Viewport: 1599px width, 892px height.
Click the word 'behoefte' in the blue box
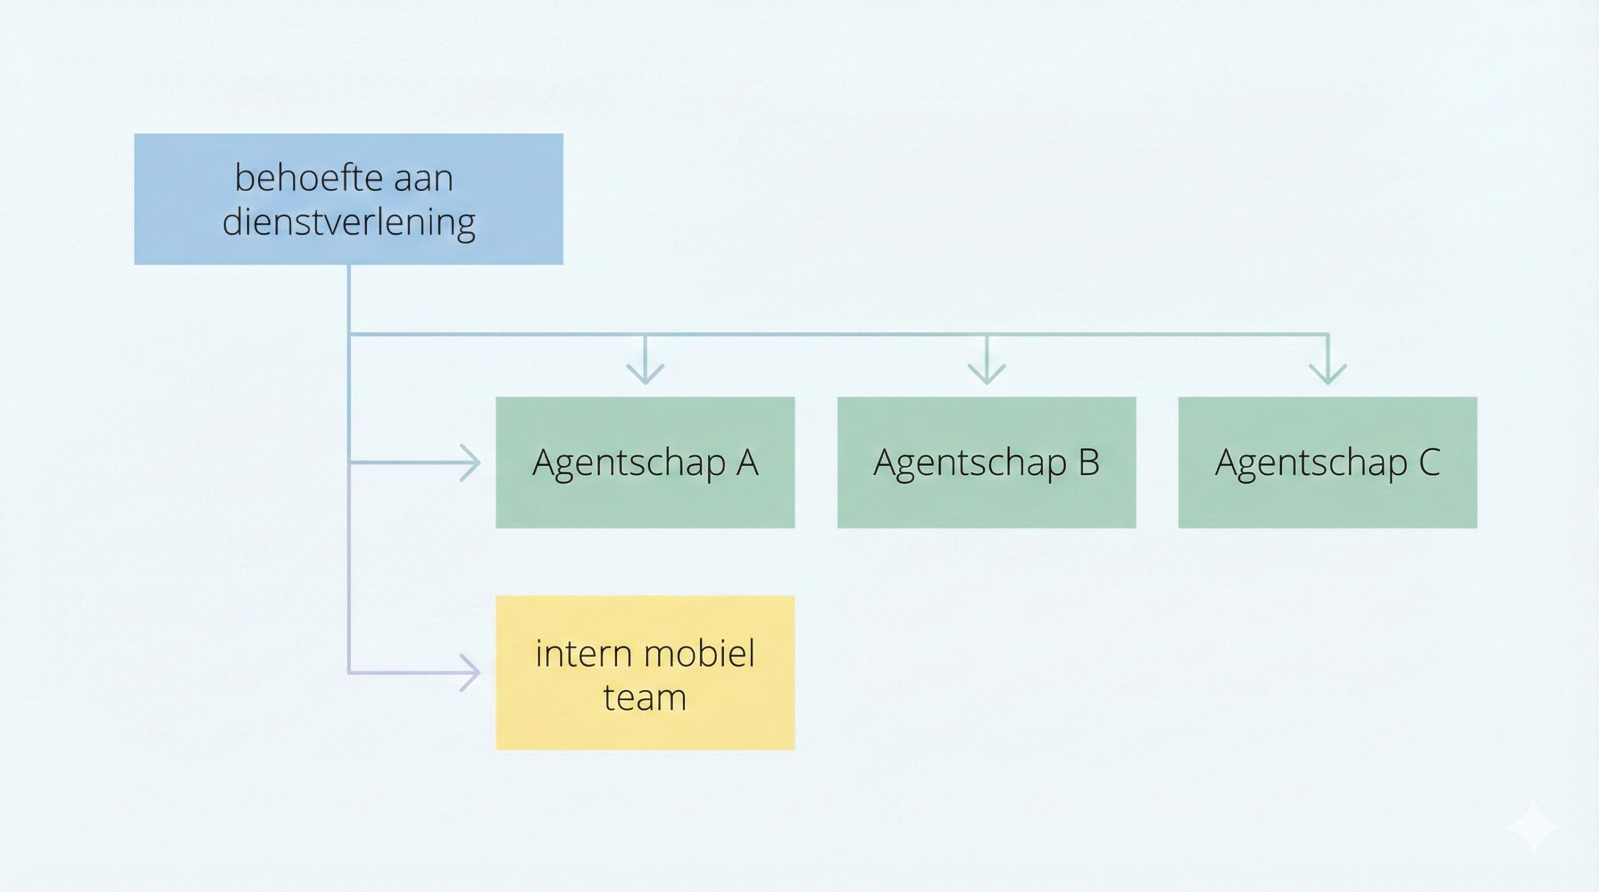300,178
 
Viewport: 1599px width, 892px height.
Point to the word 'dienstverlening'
349,222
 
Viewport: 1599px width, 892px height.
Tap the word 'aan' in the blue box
423,179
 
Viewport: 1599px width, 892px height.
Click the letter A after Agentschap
746,463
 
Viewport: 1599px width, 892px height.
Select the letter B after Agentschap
1088,463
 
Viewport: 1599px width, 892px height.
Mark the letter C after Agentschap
1429,463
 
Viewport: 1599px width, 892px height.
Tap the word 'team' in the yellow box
645,697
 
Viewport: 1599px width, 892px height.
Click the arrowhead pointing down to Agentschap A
645,375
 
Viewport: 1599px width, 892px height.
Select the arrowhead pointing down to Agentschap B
986,375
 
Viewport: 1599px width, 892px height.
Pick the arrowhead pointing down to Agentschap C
1327,375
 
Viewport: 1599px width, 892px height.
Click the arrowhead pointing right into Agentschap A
472,463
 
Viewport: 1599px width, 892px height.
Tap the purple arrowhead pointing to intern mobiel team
472,673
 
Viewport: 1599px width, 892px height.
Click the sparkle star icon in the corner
1534,827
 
